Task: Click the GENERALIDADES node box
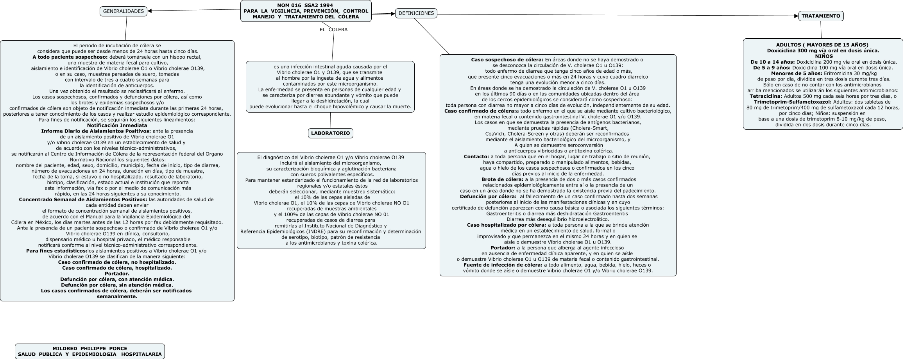point(124,11)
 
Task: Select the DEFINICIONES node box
point(416,13)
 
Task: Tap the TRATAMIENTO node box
point(821,16)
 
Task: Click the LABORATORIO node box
point(330,133)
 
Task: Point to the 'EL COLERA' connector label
point(333,30)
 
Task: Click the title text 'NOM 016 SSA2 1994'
point(305,5)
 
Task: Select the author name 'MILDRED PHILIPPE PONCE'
point(90,348)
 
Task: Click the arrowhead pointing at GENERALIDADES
point(150,11)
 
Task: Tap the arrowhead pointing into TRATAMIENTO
point(796,16)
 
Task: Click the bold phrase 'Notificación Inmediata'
point(117,125)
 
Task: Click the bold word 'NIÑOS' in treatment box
point(823,56)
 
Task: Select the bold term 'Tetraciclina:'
point(766,96)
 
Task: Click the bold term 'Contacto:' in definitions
point(476,157)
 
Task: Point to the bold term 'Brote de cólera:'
point(502,179)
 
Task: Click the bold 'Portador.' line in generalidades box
point(117,274)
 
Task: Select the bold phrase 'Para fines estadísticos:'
point(57,251)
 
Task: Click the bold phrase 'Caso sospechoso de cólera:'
point(507,60)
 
